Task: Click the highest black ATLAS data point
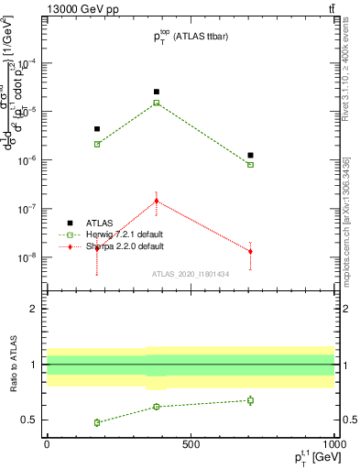click(157, 92)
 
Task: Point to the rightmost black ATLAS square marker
click(250, 156)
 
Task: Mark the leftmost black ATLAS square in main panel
click(97, 129)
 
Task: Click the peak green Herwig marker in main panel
click(157, 103)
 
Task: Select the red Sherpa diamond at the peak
click(157, 201)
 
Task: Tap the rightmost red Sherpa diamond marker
click(250, 251)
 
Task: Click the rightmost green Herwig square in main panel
click(250, 165)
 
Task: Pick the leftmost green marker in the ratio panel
click(97, 422)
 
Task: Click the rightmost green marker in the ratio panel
click(250, 400)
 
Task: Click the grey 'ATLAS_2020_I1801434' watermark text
click(191, 274)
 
